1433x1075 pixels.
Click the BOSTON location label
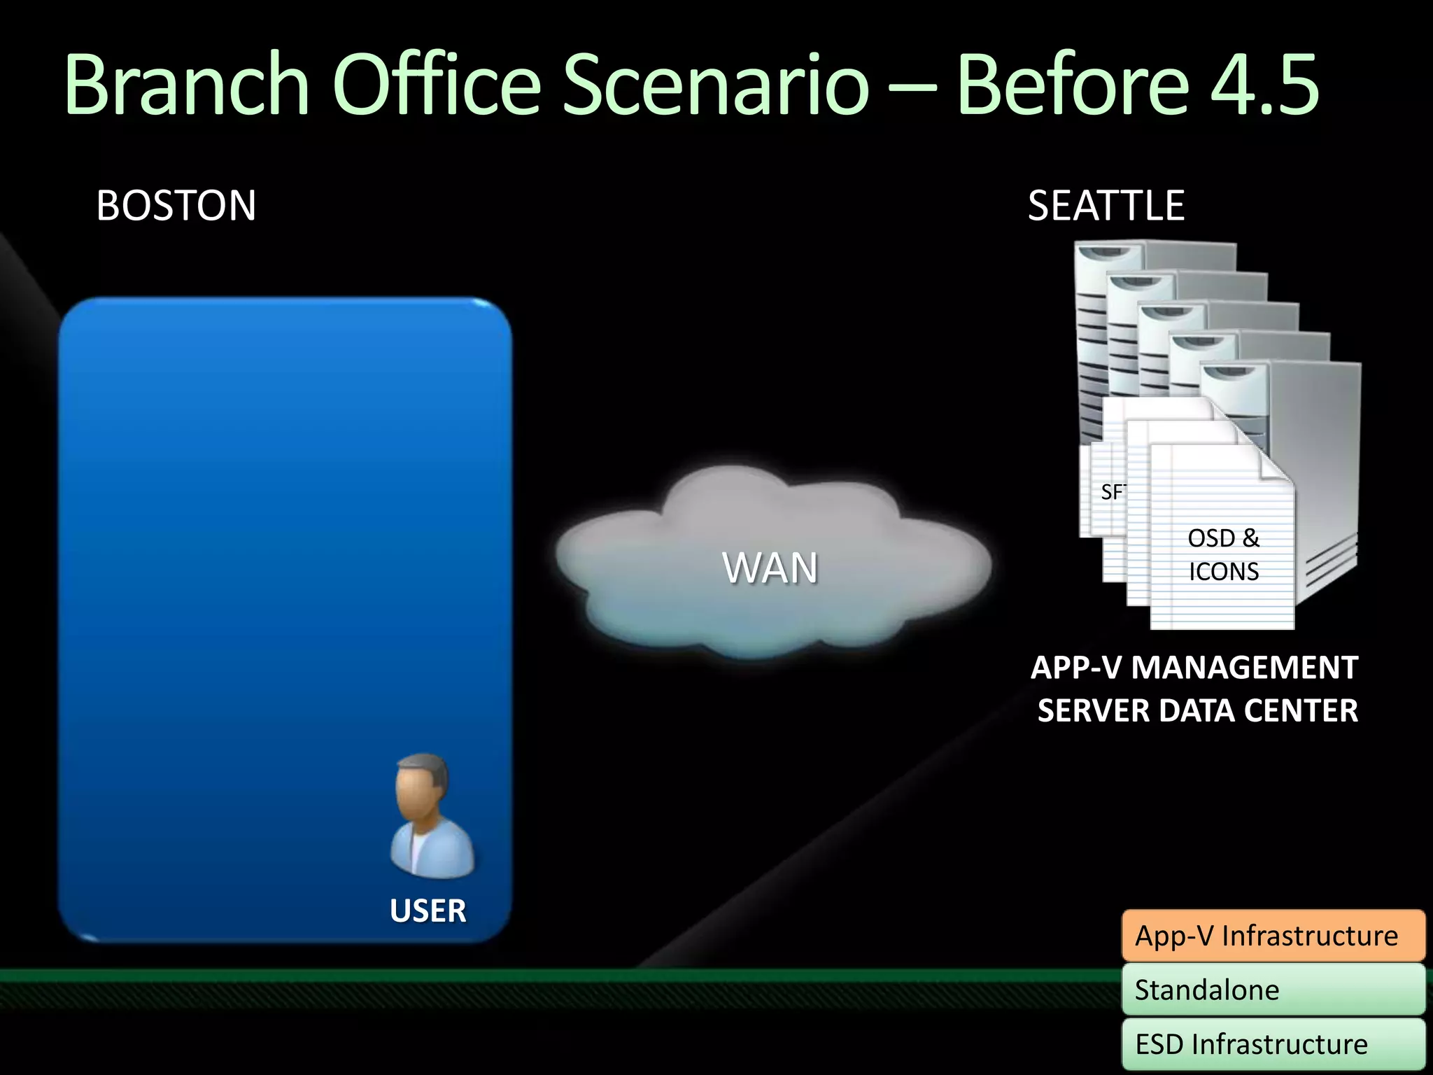(x=176, y=206)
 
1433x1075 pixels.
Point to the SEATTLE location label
(x=1106, y=206)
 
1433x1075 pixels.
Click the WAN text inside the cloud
(x=770, y=568)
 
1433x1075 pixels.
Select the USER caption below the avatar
(x=428, y=911)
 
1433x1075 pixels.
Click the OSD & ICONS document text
(x=1223, y=555)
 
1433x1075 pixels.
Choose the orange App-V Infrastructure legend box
(x=1273, y=936)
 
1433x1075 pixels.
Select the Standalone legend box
(x=1273, y=990)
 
